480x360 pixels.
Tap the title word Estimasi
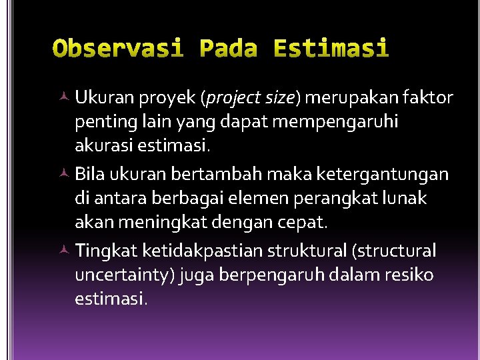(331, 49)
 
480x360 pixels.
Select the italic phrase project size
(251, 99)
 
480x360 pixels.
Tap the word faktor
(427, 99)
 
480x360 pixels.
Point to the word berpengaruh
(255, 275)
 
